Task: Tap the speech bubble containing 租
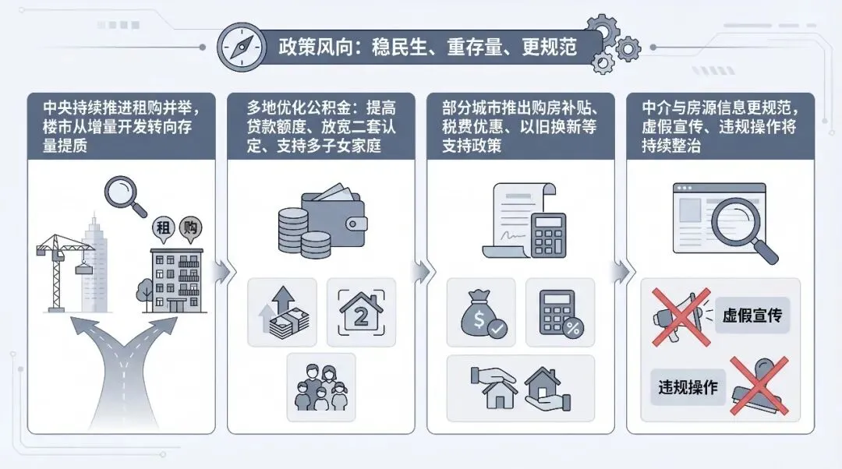pyautogui.click(x=161, y=230)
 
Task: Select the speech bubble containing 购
pyautogui.click(x=189, y=228)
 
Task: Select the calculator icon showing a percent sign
pyautogui.click(x=560, y=312)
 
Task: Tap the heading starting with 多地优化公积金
pyautogui.click(x=320, y=125)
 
